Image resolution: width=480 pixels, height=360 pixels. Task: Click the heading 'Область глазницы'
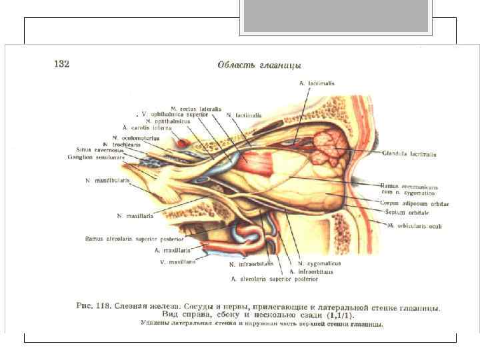(259, 65)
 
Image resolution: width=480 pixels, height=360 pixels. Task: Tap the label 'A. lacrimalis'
(316, 84)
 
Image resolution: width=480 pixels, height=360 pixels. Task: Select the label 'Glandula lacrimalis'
(409, 154)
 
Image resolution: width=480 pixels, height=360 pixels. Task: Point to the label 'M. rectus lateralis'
(194, 108)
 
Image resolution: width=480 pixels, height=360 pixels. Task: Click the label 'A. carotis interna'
(146, 127)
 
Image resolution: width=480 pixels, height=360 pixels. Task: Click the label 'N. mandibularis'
(107, 181)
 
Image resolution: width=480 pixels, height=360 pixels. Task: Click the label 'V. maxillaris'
(175, 262)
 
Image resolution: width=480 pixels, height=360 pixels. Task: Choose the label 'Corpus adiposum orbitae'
(414, 203)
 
